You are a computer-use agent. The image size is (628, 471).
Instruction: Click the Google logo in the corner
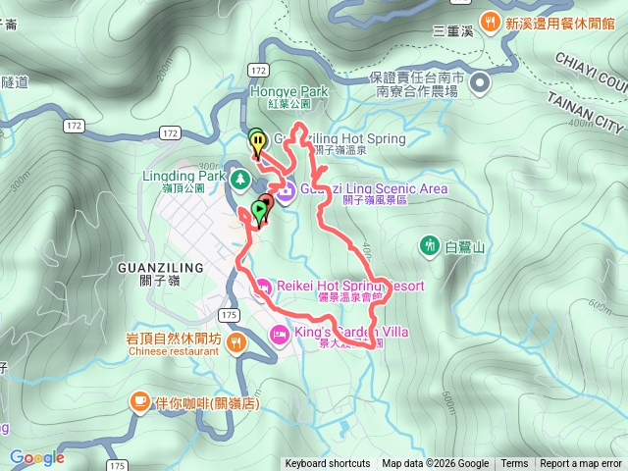pyautogui.click(x=37, y=457)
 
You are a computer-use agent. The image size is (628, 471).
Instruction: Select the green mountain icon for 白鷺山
pyautogui.click(x=429, y=244)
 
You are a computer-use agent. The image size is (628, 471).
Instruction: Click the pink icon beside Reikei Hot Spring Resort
pyautogui.click(x=262, y=287)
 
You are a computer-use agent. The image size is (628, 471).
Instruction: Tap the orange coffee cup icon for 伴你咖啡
pyautogui.click(x=140, y=402)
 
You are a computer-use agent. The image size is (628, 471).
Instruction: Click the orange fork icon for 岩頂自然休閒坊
pyautogui.click(x=236, y=342)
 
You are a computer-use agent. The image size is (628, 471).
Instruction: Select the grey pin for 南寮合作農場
pyautogui.click(x=480, y=84)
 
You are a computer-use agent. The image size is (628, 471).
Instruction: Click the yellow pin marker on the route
pyautogui.click(x=257, y=144)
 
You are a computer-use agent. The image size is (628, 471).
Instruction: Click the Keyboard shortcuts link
pyautogui.click(x=328, y=464)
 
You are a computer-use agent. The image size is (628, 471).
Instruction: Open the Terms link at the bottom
pyautogui.click(x=514, y=464)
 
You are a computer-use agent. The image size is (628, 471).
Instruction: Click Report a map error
pyautogui.click(x=581, y=464)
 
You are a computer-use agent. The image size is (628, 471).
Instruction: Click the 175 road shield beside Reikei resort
pyautogui.click(x=229, y=314)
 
